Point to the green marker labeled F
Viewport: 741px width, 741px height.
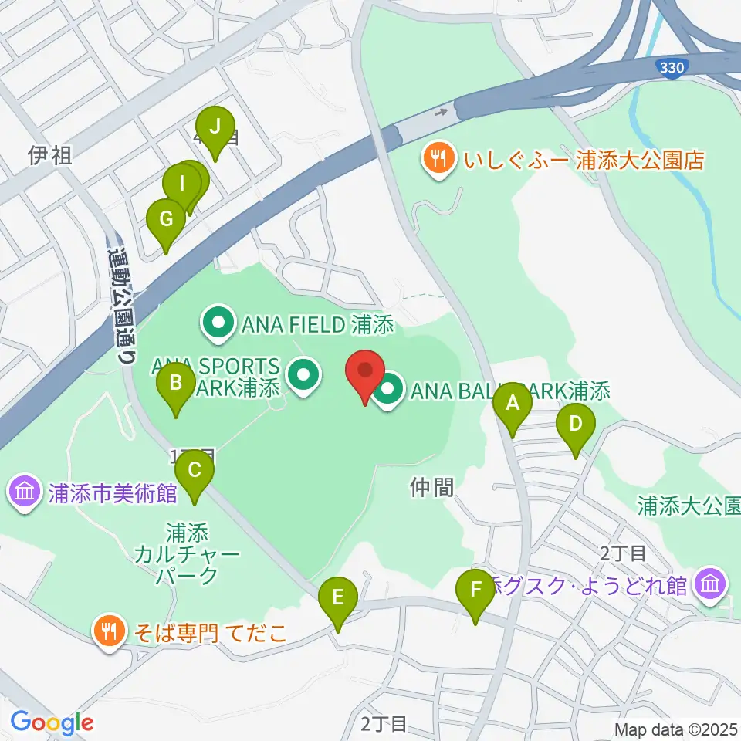(x=475, y=593)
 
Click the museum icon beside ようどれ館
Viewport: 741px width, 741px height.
(x=709, y=584)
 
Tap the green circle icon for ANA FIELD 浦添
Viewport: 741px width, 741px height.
(x=218, y=325)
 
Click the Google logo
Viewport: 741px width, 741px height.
(x=52, y=722)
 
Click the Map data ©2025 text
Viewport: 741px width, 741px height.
(x=675, y=729)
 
